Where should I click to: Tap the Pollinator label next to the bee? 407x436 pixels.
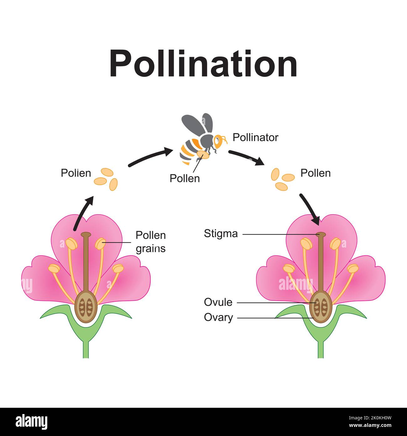tap(255, 137)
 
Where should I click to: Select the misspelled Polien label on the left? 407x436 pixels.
tap(76, 173)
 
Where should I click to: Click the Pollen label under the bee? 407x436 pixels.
tap(184, 178)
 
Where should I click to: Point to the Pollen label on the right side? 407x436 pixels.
tap(315, 173)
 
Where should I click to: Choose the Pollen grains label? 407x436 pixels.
tap(151, 242)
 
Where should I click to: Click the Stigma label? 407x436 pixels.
tap(221, 233)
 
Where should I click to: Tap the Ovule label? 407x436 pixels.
tap(218, 302)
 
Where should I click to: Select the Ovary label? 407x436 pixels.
tap(218, 317)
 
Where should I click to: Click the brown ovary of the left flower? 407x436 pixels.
tap(85, 307)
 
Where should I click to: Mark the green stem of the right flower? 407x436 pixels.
tap(320, 348)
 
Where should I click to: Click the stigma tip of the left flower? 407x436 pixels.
tap(85, 234)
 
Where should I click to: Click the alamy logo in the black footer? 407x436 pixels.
tap(31, 421)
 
